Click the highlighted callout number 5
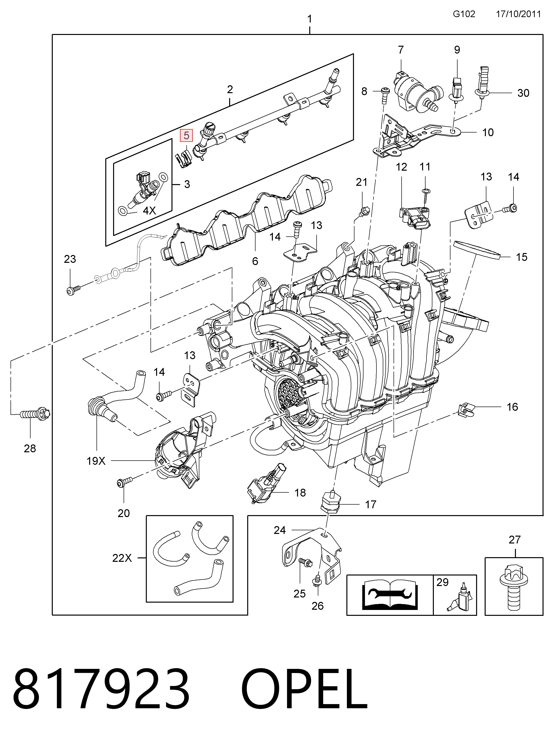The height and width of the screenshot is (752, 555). point(186,136)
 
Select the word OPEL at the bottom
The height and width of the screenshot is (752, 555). point(304,695)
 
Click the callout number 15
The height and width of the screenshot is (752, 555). point(521,257)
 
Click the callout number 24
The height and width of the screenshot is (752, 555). point(280,530)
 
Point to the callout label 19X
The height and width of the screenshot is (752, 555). point(96,461)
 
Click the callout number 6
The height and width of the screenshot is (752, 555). point(255,261)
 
